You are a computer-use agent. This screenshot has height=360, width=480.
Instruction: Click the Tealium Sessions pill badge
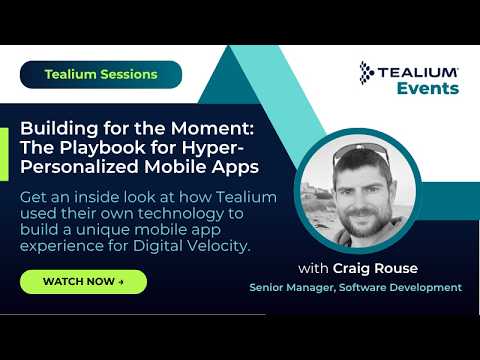101,75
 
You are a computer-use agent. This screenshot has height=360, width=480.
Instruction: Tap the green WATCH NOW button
83,282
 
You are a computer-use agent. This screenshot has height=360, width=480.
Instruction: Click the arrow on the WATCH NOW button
121,282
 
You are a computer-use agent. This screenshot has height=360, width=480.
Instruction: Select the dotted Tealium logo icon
366,73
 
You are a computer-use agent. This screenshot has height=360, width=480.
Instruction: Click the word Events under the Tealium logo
428,88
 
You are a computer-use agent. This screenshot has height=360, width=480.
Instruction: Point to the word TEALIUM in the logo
418,72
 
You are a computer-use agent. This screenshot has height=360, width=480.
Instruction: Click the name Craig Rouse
375,268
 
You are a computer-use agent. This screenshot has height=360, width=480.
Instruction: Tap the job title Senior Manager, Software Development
356,287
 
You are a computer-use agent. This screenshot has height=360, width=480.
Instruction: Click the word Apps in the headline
235,167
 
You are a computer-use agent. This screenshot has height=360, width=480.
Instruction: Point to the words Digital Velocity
191,246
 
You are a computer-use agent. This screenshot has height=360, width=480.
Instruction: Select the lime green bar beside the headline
4,154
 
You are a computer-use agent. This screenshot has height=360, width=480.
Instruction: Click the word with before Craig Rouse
313,268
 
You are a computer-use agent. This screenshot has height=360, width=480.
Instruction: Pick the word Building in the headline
59,129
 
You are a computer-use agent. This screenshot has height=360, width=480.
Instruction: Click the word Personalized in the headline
80,167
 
